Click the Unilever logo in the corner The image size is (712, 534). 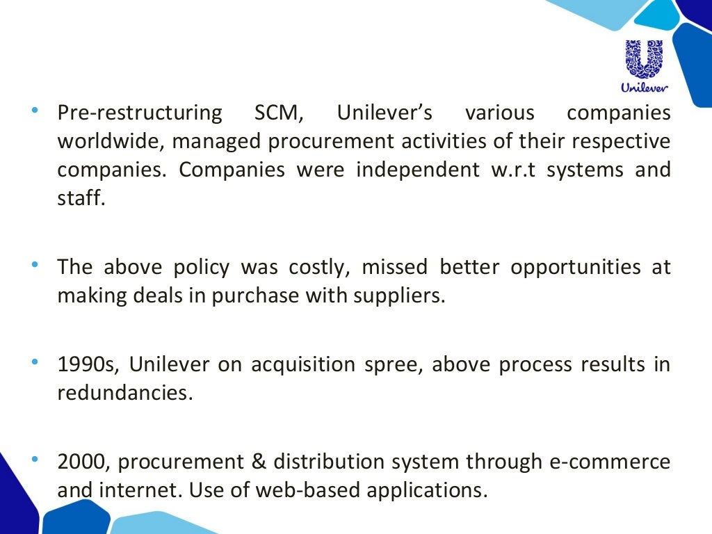(644, 66)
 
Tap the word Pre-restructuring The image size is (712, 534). (139, 113)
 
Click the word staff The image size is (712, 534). (81, 198)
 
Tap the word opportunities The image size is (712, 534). (575, 267)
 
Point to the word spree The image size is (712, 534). (394, 364)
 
